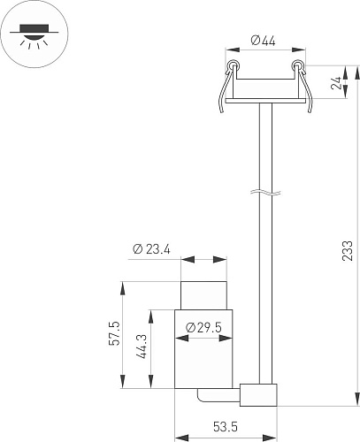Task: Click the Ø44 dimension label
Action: (263, 41)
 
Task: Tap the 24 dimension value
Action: (336, 83)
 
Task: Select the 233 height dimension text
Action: (348, 251)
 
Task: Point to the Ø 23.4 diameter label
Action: (151, 249)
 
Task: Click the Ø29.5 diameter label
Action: (203, 327)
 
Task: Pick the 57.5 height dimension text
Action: (114, 333)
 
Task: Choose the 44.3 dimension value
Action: (142, 347)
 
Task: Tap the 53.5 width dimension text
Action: (226, 427)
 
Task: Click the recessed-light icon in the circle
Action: (34, 35)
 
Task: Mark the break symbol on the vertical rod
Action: (265, 193)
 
